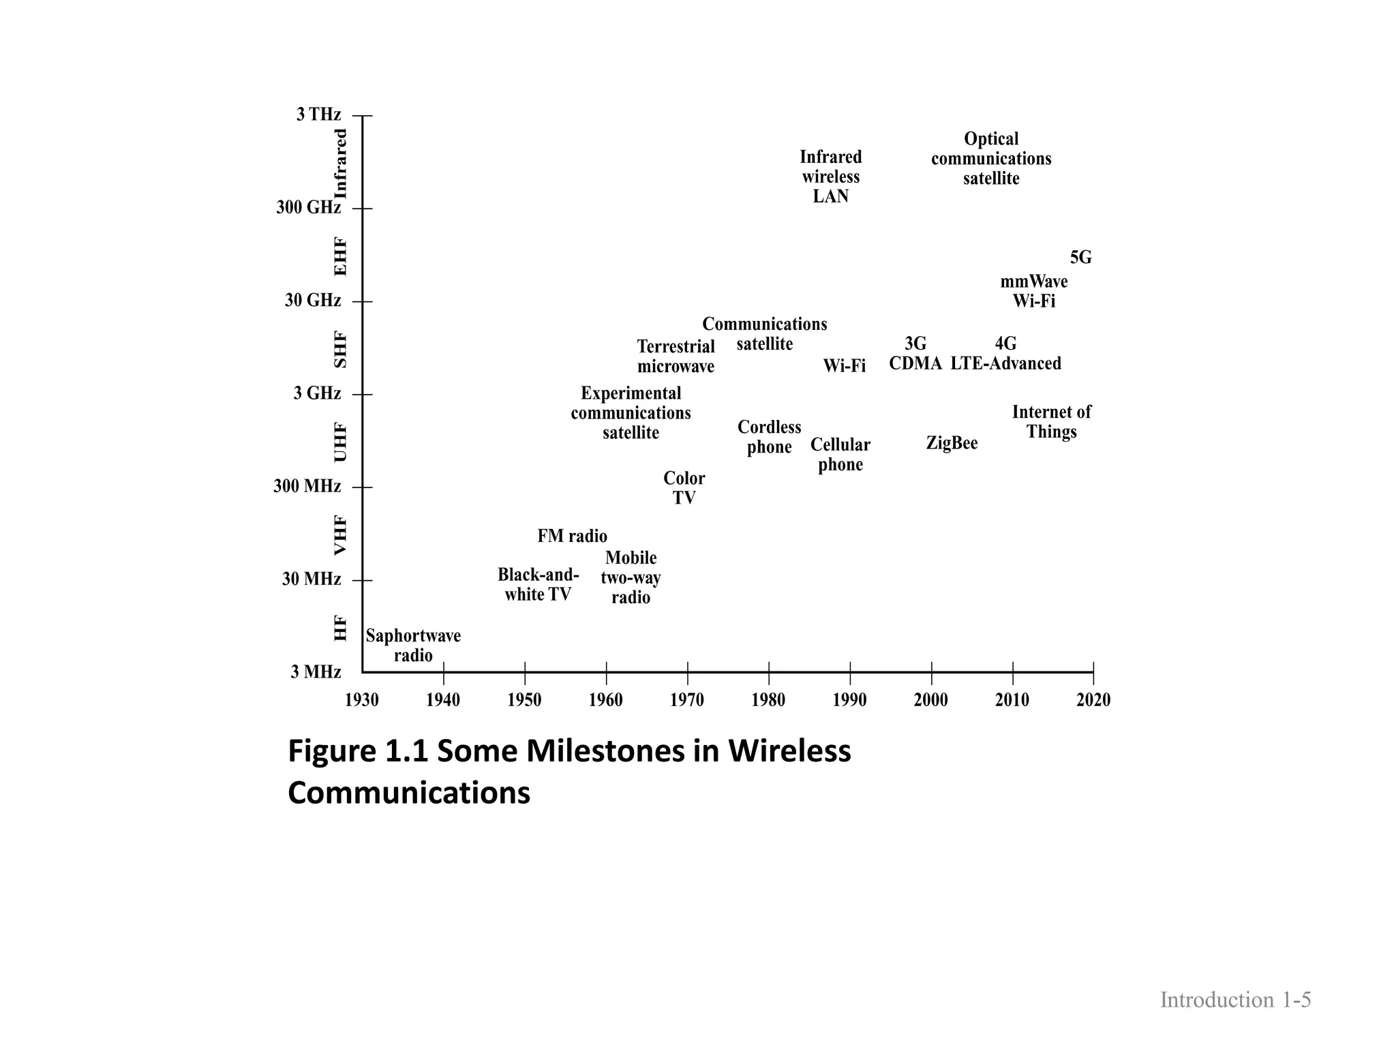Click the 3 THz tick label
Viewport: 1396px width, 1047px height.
coord(318,115)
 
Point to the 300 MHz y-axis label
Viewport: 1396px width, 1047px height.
coord(307,487)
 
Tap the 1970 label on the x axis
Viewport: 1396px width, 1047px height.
coord(687,700)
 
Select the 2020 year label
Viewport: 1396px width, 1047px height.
coord(1093,700)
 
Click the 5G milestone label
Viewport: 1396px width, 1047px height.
coord(1080,258)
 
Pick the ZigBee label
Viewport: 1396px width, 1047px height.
coord(952,443)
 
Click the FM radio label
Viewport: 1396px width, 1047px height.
coord(572,536)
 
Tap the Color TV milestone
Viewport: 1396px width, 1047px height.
coord(684,488)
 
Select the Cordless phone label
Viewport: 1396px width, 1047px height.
coord(769,437)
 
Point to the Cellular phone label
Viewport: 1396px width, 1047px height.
coord(840,455)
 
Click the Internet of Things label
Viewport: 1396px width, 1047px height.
coord(1051,422)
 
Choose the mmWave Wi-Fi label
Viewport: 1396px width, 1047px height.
coord(1033,291)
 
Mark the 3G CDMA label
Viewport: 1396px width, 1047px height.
coord(915,353)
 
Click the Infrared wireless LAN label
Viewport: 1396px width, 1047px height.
coord(830,177)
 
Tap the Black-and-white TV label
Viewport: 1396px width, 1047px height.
coord(538,584)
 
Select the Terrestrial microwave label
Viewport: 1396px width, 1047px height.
coord(676,356)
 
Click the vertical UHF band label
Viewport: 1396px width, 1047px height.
coord(340,442)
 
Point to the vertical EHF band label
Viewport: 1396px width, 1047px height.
coord(340,256)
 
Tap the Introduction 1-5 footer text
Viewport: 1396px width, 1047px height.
coord(1235,1000)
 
